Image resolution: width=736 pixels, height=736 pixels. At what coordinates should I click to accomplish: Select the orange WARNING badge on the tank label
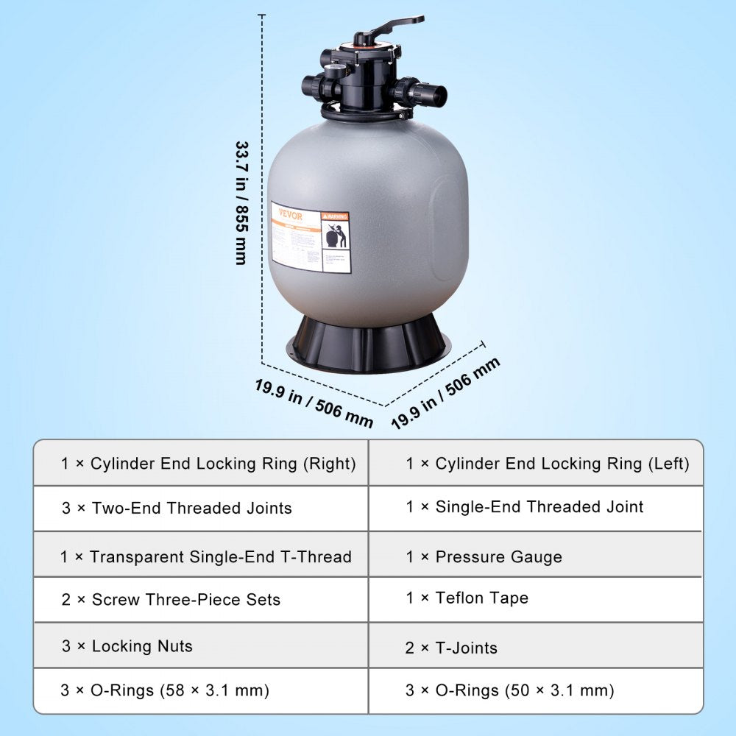(335, 217)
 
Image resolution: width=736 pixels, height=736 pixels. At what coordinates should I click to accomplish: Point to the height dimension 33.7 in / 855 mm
(240, 202)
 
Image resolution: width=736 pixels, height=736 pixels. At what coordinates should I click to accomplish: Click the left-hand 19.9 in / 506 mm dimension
(314, 403)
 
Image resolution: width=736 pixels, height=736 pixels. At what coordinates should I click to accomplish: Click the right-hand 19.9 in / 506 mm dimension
(445, 393)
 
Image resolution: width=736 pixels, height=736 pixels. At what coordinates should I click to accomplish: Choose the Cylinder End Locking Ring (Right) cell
(208, 464)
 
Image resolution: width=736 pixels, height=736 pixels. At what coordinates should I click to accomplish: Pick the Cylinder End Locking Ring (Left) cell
(548, 464)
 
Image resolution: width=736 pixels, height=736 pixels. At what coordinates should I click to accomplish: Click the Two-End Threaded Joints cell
(177, 508)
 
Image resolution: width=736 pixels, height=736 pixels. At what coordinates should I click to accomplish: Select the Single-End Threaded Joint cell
(525, 506)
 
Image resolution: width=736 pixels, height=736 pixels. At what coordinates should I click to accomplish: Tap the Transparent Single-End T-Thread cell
(206, 556)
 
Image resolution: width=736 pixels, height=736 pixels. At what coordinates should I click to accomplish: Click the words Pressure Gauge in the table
(498, 557)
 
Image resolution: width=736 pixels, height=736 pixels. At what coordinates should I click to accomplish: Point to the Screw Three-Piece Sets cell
(171, 599)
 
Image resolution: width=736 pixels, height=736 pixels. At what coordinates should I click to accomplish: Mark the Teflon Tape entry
(481, 598)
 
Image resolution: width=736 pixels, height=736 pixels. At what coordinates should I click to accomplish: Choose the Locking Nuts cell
(127, 646)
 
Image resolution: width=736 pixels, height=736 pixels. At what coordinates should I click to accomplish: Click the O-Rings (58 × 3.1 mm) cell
(165, 690)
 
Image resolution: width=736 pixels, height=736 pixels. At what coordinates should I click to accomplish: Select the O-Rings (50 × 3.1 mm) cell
(509, 690)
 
